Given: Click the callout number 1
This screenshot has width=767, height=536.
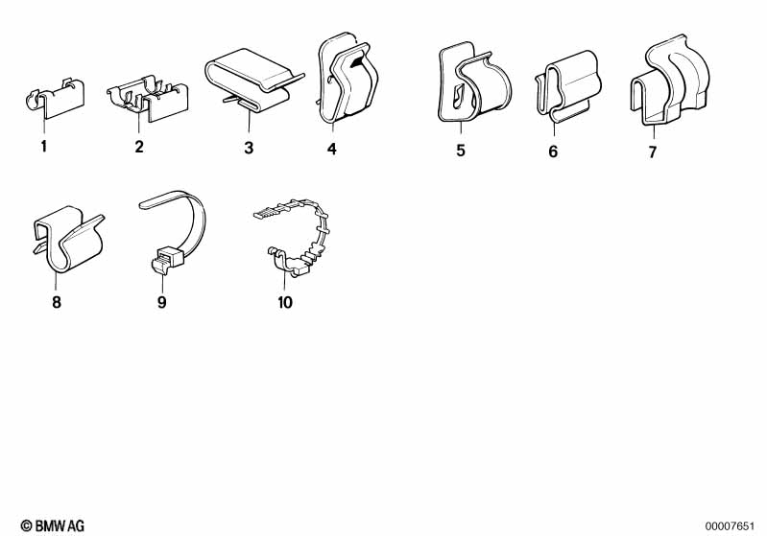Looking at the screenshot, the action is tap(44, 146).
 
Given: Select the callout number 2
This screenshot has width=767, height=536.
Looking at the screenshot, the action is tap(139, 147).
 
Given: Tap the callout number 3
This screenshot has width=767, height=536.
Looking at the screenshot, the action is tap(249, 148).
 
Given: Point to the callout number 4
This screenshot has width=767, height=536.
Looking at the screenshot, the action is tap(332, 149).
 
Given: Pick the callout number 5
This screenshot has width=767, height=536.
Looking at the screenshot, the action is tap(461, 151).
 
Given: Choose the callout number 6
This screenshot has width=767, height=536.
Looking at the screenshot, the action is tap(553, 151).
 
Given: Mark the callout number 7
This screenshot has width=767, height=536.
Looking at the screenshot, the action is tap(653, 152).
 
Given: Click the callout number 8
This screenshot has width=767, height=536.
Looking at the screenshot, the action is tap(57, 302).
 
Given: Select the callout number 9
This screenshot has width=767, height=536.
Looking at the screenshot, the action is tap(162, 302).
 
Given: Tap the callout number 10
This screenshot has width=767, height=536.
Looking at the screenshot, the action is tap(285, 302).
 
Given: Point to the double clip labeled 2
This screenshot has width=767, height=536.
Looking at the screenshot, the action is tap(148, 98).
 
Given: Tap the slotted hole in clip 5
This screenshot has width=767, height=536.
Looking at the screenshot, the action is tap(458, 96).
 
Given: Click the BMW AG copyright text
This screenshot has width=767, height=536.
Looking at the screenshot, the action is tap(53, 525).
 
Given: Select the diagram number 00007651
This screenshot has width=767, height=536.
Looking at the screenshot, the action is tap(730, 526).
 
